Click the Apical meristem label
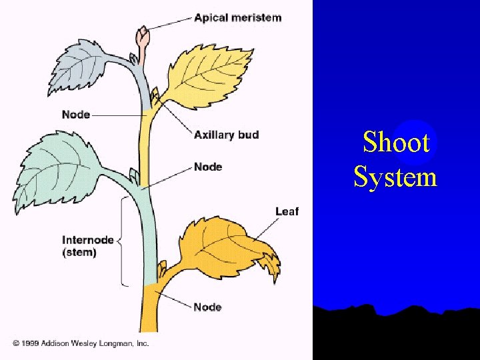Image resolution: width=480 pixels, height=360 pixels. coord(237,17)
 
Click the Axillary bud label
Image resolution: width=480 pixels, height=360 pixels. coord(226,135)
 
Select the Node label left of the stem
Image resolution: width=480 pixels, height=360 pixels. coord(76,115)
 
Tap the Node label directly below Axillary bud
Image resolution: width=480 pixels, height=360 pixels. coord(208,166)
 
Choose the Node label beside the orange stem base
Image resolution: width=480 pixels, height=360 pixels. coord(207,307)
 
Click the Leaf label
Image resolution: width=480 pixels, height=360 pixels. coord(287,211)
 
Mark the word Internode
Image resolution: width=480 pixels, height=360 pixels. coord(88,240)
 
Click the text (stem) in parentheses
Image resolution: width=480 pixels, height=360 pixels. coord(79,253)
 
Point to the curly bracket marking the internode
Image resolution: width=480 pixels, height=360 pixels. coord(123,241)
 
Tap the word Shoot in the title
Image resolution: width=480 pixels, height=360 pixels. coord(396,142)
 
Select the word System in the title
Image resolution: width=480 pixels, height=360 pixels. coord(395,177)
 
